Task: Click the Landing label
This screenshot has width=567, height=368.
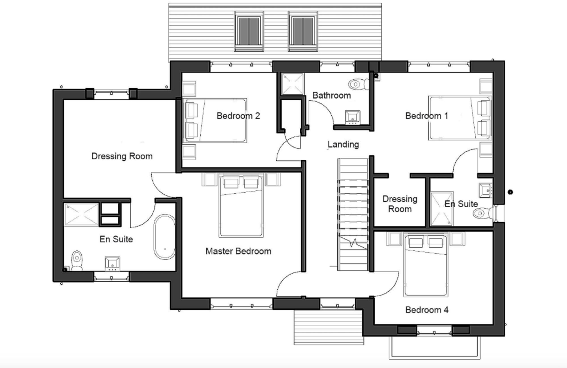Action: (343, 144)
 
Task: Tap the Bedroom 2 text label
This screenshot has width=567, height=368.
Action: (238, 116)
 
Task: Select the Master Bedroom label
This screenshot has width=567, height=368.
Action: (238, 251)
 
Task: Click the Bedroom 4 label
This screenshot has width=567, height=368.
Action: (427, 310)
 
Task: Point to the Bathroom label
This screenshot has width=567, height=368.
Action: (331, 95)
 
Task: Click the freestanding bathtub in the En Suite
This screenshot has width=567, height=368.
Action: (164, 237)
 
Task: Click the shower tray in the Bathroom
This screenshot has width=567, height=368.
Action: (292, 84)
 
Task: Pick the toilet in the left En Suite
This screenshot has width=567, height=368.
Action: (77, 260)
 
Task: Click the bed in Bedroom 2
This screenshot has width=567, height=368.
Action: (215, 120)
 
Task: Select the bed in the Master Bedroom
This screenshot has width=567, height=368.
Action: (241, 206)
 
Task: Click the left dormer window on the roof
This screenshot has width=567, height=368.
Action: (249, 31)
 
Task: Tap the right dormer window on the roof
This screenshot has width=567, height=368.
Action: (303, 31)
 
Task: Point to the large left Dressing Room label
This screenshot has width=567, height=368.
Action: (122, 156)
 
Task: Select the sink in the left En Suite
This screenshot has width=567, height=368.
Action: (112, 264)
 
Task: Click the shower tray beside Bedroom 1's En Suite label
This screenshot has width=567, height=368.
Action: (441, 209)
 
